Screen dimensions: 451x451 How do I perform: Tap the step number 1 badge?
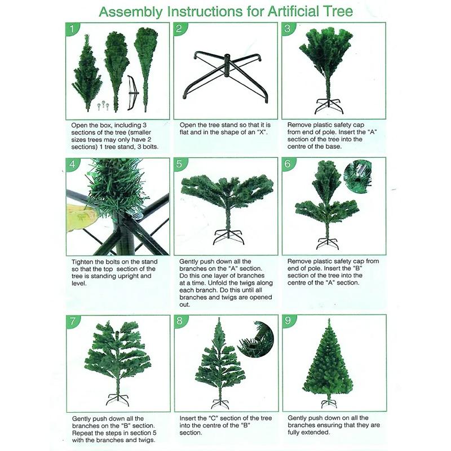[72, 29]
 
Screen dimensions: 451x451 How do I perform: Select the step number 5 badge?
[179, 164]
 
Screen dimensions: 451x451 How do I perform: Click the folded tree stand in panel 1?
[132, 91]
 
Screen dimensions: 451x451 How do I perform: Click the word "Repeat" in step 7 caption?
[84, 432]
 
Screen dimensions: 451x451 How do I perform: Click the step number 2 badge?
[179, 29]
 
